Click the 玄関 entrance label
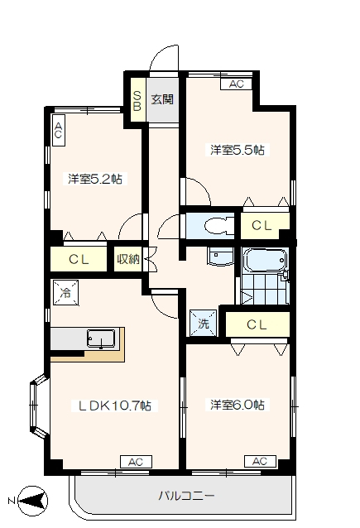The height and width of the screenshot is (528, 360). [163, 99]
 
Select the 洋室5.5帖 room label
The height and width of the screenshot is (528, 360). [237, 151]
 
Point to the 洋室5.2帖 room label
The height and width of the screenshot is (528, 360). [95, 178]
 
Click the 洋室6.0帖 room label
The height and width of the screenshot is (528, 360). [237, 405]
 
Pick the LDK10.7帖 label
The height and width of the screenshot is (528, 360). [114, 406]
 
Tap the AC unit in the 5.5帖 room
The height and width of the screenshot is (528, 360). [236, 84]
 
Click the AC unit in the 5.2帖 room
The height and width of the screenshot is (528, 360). [59, 128]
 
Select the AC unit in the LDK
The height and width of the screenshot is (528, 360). [136, 461]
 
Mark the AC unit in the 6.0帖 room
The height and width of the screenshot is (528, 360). [259, 461]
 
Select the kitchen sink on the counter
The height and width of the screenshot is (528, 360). [101, 338]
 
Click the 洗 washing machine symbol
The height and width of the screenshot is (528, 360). [203, 324]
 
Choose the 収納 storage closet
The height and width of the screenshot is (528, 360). [128, 259]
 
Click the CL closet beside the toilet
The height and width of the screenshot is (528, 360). [263, 225]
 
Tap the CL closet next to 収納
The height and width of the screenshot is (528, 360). [79, 259]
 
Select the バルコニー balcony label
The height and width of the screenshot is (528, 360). [187, 497]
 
